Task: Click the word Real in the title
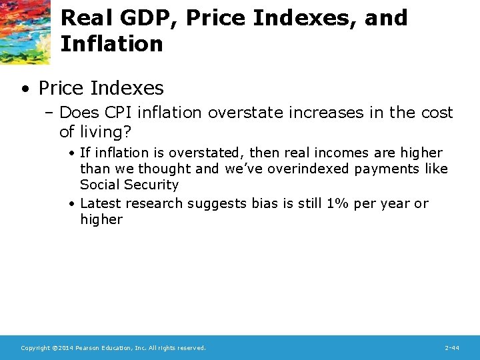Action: click(x=83, y=18)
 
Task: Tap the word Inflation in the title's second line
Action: click(x=111, y=44)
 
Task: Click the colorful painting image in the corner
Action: click(x=25, y=31)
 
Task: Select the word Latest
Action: click(x=100, y=203)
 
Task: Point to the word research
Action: click(x=154, y=203)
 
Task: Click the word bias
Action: click(x=266, y=203)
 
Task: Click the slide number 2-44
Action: click(x=451, y=348)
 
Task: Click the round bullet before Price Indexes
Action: click(x=25, y=88)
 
